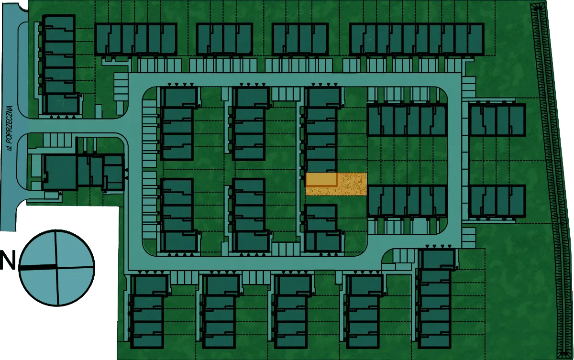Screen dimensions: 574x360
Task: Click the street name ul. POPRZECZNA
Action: coord(10,128)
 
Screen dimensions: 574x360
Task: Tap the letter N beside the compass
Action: coord(8,261)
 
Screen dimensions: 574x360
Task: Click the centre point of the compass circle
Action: coord(56,267)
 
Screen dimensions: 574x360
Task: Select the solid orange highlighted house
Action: coord(321,179)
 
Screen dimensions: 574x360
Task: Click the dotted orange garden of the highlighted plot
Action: coord(352,185)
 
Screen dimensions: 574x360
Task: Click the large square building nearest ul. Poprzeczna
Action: coord(60,173)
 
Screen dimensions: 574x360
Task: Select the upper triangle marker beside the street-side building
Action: coord(126,171)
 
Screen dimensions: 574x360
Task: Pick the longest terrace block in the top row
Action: coord(417,39)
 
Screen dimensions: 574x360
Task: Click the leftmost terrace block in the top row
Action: coord(136,39)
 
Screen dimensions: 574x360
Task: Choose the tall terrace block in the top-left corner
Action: coord(60,64)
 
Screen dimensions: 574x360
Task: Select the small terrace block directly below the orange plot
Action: coord(323,228)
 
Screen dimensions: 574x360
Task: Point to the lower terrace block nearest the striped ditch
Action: coord(497,201)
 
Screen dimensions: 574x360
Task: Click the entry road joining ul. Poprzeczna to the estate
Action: coord(77,125)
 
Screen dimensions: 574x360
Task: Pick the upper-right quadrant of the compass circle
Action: coord(74,250)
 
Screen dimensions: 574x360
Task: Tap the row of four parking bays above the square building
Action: coord(57,140)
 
